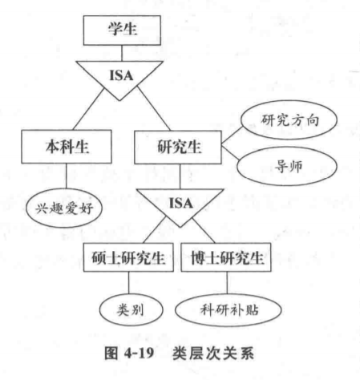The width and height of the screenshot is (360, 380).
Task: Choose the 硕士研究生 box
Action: pos(128,259)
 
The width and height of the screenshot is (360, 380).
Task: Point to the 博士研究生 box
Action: pos(227,259)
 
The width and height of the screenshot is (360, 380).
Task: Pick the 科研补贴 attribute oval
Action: pos(227,308)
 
